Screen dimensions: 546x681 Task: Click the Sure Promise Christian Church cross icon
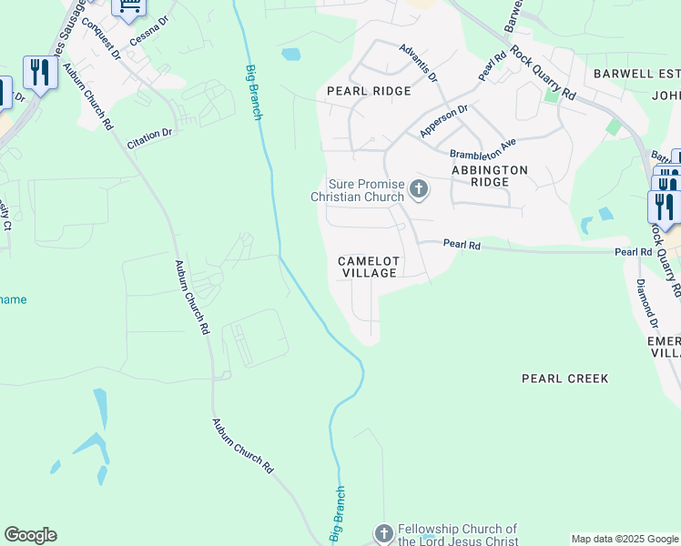pyautogui.click(x=419, y=189)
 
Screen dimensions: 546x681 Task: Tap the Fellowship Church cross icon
pyautogui.click(x=384, y=532)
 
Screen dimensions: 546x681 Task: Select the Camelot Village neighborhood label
pyautogui.click(x=368, y=267)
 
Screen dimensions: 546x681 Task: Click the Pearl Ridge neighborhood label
pyautogui.click(x=369, y=91)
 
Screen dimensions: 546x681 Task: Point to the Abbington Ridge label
pyautogui.click(x=490, y=176)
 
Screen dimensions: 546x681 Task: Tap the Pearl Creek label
pyautogui.click(x=564, y=378)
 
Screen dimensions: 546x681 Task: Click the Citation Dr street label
pyautogui.click(x=149, y=134)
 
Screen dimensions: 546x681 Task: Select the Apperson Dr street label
pyautogui.click(x=443, y=121)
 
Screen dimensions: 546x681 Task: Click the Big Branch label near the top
pyautogui.click(x=254, y=92)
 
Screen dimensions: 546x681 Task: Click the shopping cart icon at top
pyautogui.click(x=129, y=7)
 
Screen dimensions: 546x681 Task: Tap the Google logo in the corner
pyautogui.click(x=30, y=535)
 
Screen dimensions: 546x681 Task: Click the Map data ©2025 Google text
pyautogui.click(x=624, y=539)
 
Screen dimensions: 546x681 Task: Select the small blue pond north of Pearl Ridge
pyautogui.click(x=291, y=54)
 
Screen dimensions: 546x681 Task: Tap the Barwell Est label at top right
pyautogui.click(x=635, y=73)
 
